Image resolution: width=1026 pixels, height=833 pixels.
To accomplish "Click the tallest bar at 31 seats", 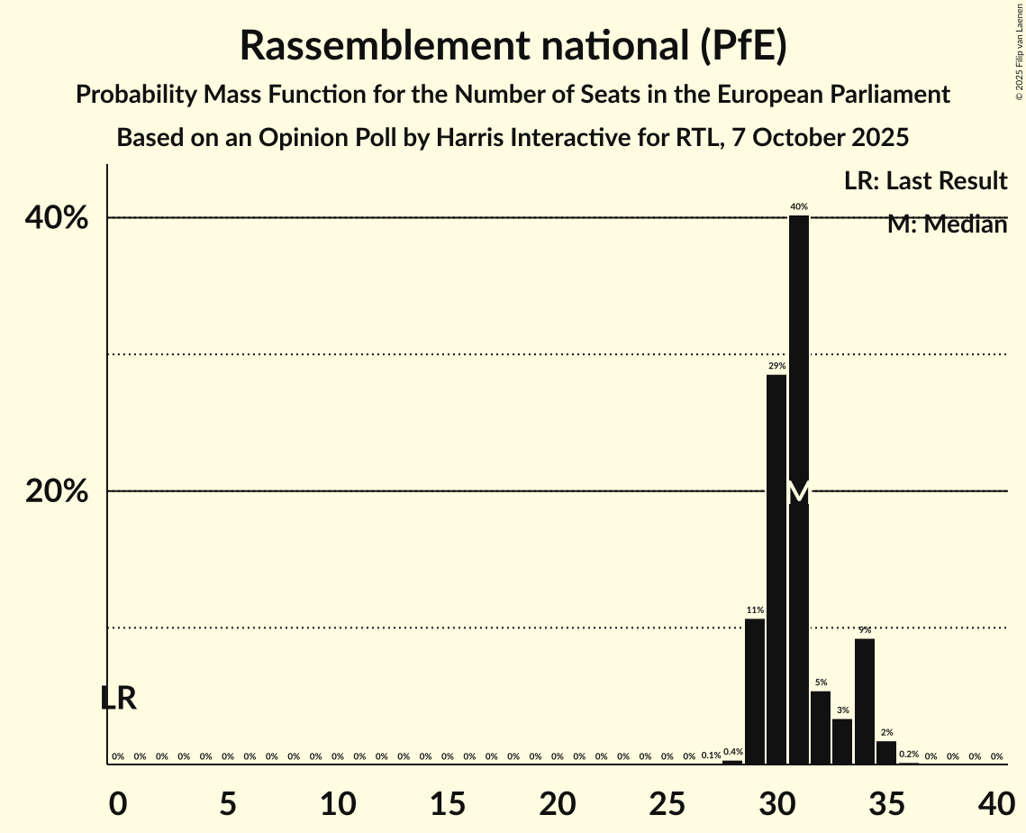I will coord(799,361).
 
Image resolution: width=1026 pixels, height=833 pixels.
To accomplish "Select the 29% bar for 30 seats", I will coord(776,568).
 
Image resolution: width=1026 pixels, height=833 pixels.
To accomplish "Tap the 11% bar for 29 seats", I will coord(755,691).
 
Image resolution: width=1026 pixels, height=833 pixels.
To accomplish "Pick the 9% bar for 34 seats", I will coord(865,700).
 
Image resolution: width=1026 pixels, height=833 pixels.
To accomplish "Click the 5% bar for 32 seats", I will coord(821,727).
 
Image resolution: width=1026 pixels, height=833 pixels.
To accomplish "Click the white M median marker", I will coord(799,492).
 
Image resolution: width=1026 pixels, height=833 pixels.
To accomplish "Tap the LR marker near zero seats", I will coord(118,698).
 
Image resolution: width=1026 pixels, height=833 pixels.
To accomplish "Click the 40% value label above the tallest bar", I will coord(799,206).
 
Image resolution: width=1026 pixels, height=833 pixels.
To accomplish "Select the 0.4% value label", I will coord(733,752).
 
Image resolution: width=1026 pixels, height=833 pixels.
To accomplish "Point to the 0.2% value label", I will coord(909,754).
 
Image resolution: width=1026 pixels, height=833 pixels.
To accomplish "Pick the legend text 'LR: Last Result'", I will coord(925,180).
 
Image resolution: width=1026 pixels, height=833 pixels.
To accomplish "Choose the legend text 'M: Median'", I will coord(947,224).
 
